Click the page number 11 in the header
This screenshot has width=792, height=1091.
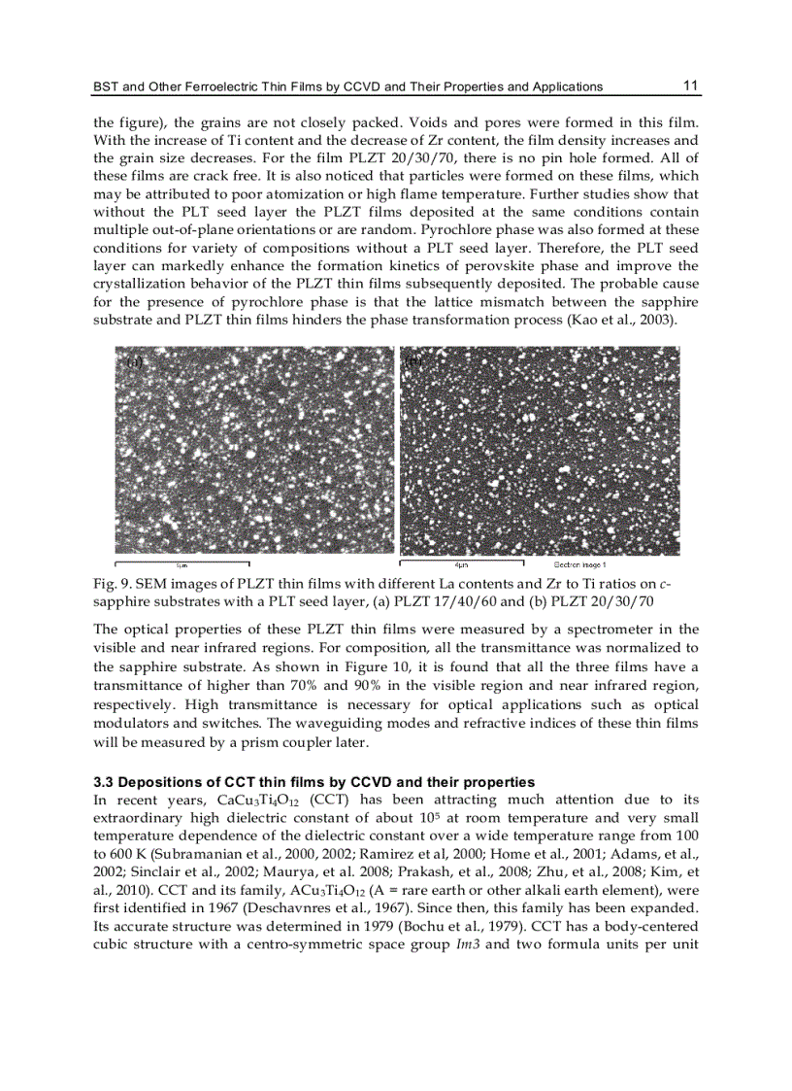(x=690, y=85)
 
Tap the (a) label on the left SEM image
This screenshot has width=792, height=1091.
(x=135, y=360)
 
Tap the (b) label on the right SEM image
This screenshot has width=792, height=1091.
(x=413, y=359)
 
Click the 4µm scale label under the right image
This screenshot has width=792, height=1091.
(x=462, y=564)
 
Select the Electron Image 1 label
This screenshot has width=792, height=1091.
(x=579, y=564)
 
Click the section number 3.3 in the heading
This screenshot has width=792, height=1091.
(x=103, y=782)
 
